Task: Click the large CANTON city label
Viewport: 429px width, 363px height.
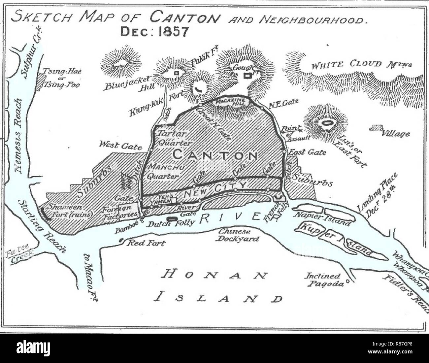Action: coord(215,155)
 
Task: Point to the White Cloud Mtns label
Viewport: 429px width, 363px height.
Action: coord(356,64)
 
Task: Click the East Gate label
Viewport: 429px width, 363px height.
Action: coord(307,152)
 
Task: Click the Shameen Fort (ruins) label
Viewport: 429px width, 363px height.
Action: coord(70,210)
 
